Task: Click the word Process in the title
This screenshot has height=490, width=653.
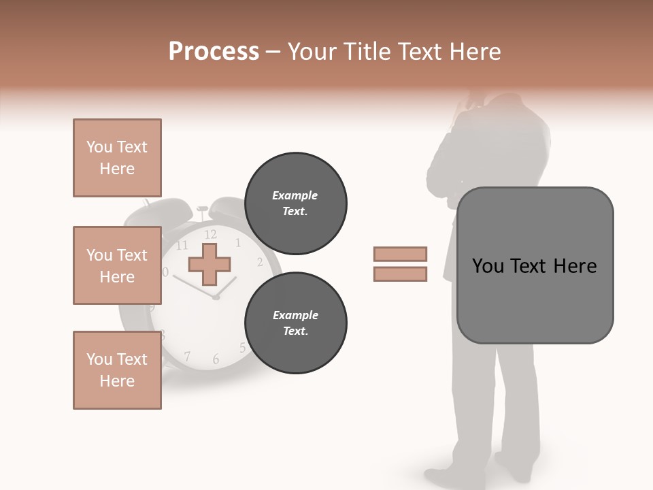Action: click(214, 52)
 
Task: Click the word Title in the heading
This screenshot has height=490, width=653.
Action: click(368, 52)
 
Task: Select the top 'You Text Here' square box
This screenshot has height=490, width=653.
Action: click(117, 158)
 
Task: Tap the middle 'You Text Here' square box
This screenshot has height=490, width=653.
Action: click(117, 265)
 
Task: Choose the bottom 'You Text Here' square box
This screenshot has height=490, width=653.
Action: click(117, 370)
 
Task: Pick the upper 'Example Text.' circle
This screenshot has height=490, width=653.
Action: click(295, 203)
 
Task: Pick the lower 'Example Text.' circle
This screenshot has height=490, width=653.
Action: click(295, 323)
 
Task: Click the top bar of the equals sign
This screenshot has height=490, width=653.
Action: click(400, 254)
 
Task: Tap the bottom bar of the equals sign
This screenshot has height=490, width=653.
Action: click(400, 274)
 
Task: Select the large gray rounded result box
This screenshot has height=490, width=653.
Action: click(535, 265)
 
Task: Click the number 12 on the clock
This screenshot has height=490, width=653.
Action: click(210, 235)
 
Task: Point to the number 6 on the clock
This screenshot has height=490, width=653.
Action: click(216, 359)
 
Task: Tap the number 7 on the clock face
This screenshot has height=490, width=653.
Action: click(187, 355)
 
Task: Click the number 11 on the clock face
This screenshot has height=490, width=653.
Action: click(182, 245)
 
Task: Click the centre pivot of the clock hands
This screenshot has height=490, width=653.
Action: click(216, 297)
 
